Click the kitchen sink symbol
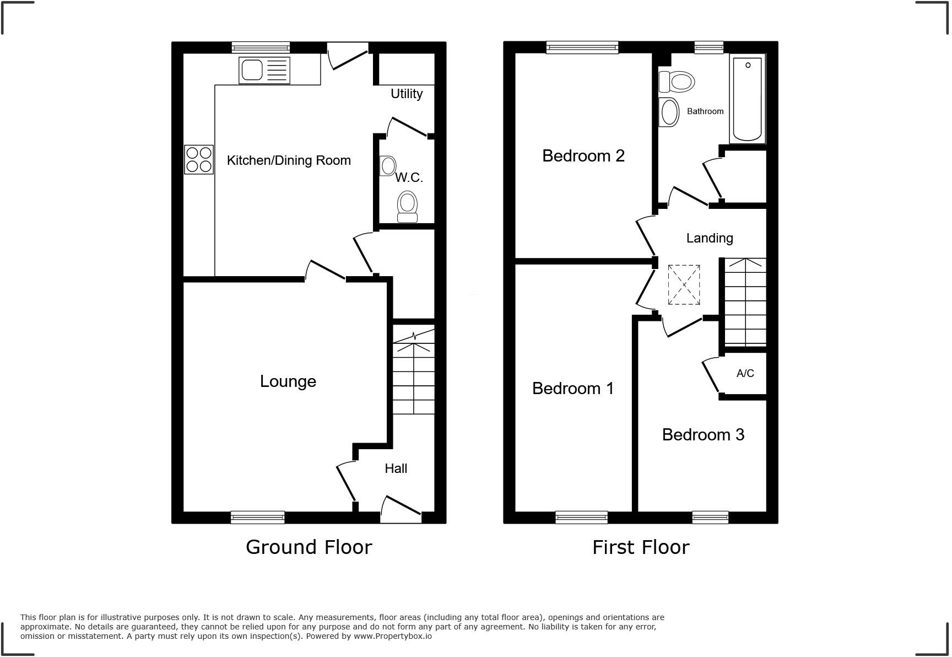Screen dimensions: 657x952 (264, 71)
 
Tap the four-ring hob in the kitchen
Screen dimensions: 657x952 (199, 159)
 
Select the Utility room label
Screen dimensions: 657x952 (407, 94)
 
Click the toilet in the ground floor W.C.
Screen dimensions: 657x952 (408, 206)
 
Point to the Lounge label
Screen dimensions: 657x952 (288, 381)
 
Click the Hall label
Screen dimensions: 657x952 (396, 468)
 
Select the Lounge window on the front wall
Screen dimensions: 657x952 (257, 517)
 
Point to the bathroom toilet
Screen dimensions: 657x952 (677, 82)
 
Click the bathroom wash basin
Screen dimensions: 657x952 (669, 112)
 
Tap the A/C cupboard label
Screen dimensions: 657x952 (745, 374)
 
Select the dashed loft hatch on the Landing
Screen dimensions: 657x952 (684, 285)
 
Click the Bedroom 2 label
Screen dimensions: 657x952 (583, 156)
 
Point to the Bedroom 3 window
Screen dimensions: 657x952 (710, 517)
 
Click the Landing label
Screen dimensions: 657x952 (710, 238)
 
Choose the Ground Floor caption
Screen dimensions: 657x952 (309, 547)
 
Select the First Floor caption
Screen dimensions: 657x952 (641, 547)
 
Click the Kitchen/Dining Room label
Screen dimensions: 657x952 (289, 160)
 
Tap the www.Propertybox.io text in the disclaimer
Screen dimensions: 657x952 (392, 636)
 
